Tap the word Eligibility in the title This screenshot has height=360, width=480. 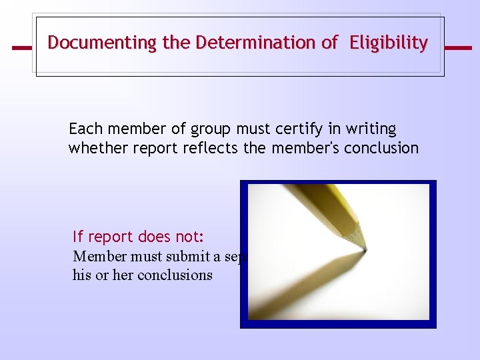tap(390, 43)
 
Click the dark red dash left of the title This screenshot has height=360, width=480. tap(22, 48)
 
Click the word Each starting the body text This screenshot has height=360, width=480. tap(83, 129)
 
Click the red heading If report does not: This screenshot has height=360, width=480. tap(138, 237)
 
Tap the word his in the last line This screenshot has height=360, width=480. tap(81, 275)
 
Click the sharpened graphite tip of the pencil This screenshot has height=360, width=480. tap(363, 249)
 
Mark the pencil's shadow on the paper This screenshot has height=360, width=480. tap(313, 280)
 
